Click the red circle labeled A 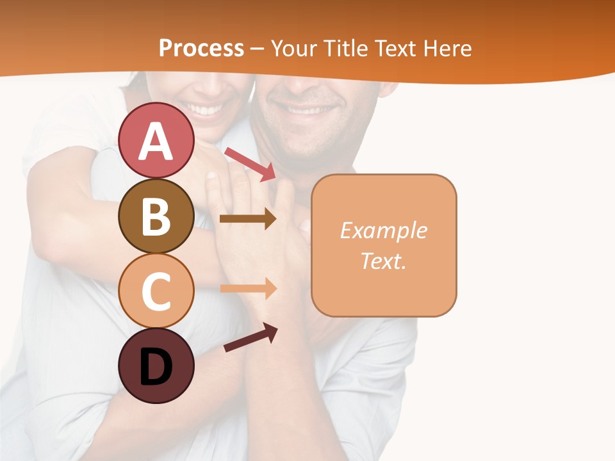coord(156,141)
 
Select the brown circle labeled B coord(156,216)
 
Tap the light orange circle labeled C coord(156,291)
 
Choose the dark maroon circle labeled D coord(156,366)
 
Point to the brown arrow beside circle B coord(247,219)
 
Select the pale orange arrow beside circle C coord(247,289)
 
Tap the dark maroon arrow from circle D coord(250,337)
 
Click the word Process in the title coord(201,48)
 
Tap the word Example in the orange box coord(383,230)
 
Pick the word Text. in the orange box coord(383,261)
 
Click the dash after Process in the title coord(258,49)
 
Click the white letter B coord(156,216)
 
